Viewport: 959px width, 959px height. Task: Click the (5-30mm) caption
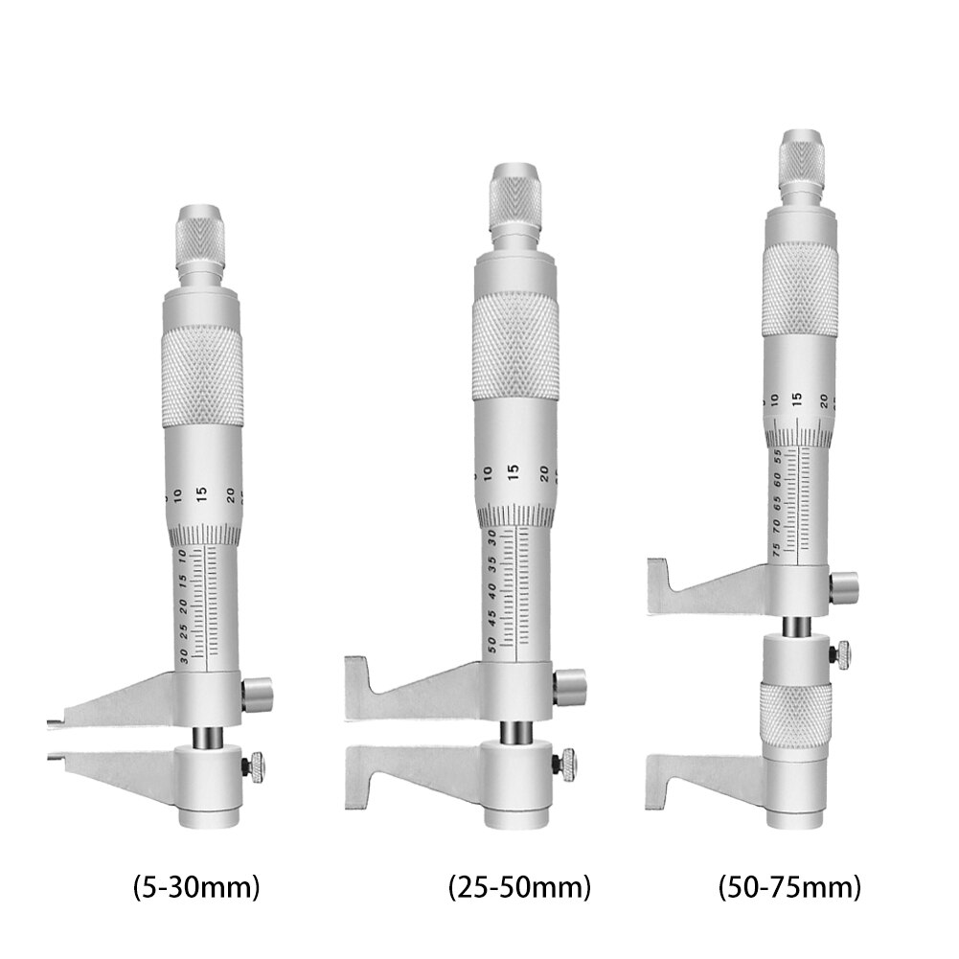[195, 887]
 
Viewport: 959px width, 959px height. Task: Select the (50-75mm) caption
[788, 887]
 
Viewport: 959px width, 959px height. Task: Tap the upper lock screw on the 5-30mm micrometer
[257, 693]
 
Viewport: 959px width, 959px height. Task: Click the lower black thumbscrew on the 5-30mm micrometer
[257, 765]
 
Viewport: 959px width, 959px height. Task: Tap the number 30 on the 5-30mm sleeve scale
[183, 657]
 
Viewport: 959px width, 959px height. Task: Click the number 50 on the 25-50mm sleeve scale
[492, 645]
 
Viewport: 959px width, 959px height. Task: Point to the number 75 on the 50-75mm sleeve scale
[775, 549]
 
